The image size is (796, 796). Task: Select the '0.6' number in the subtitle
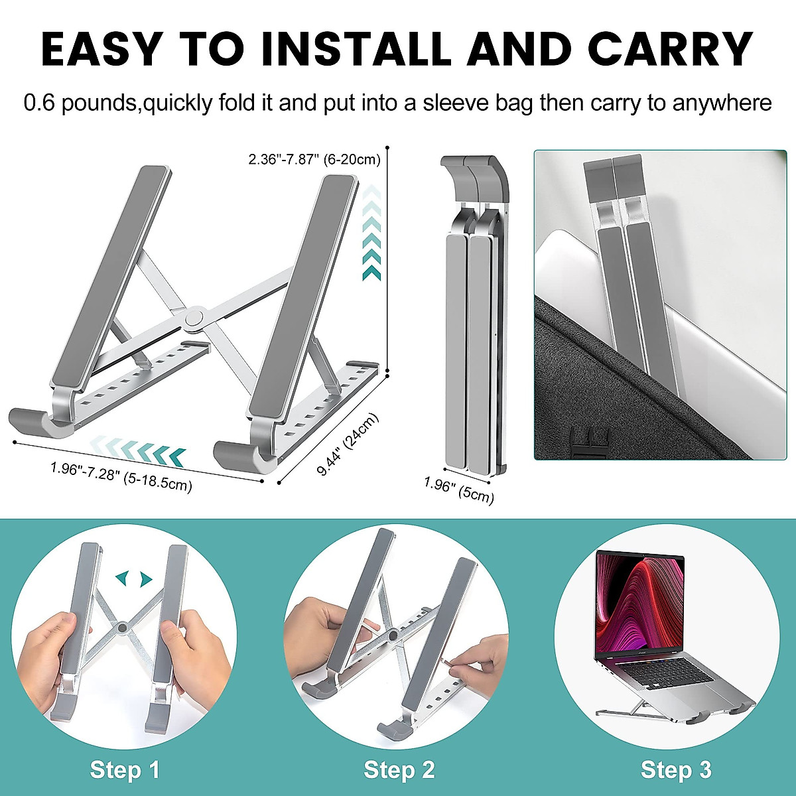point(39,103)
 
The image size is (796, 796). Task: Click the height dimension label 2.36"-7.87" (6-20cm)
point(314,160)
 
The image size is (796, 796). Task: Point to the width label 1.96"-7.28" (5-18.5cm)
point(121,477)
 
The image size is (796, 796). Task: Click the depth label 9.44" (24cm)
point(349,444)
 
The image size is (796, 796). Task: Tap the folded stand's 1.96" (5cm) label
point(459,489)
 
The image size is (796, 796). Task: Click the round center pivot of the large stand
point(195,318)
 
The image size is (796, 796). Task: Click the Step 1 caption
point(125,770)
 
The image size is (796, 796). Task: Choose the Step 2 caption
point(399,770)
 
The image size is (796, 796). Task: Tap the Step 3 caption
point(675,770)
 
